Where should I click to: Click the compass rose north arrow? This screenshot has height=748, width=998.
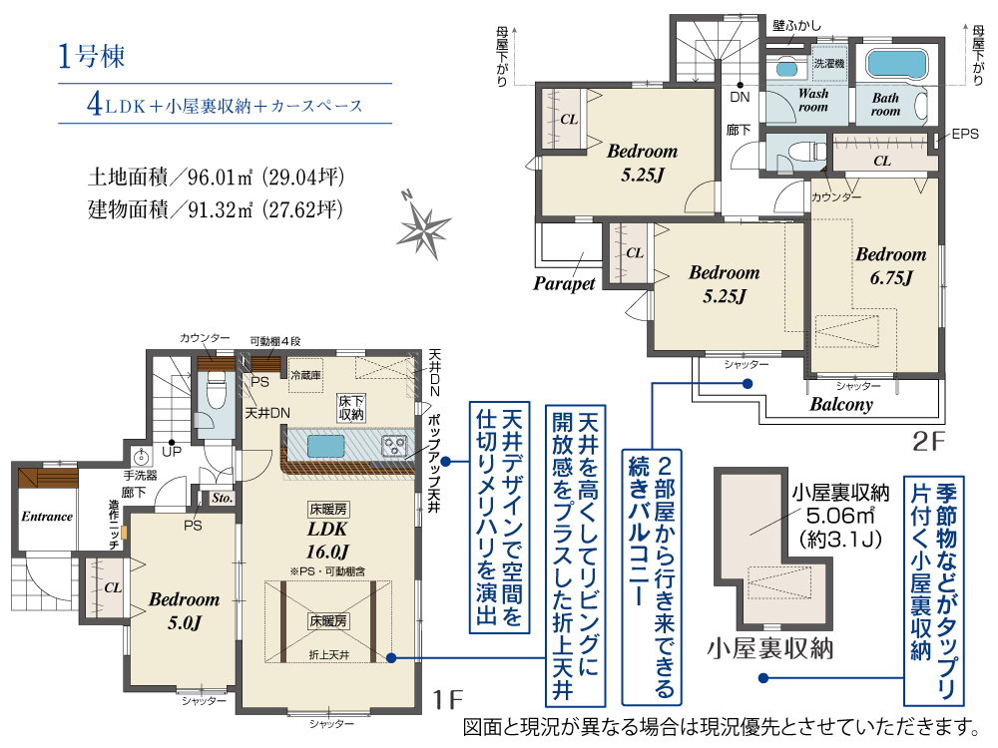pos(423,225)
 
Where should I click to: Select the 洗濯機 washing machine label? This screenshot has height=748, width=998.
pos(828,63)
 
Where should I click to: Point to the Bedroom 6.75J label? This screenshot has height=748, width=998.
pos(890,266)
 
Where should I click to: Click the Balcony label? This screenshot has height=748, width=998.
pos(840,405)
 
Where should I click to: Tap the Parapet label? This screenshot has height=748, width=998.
pos(564,283)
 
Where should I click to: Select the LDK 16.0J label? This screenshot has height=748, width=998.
pos(327,540)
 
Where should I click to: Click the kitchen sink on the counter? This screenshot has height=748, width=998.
pos(326,446)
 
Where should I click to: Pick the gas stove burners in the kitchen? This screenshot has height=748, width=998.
pos(394,445)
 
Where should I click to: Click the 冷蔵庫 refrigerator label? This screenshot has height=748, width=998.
pos(305,375)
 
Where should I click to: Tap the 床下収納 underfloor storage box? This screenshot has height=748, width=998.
pos(350,408)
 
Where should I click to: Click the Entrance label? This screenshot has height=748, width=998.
pos(47,517)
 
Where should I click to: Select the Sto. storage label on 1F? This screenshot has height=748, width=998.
pos(223,498)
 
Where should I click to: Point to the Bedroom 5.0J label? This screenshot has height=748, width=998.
pos(184,610)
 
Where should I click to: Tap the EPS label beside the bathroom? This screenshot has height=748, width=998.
pos(965,134)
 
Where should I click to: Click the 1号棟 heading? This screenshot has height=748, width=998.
pos(91,56)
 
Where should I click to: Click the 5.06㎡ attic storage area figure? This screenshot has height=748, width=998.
pos(840,516)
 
